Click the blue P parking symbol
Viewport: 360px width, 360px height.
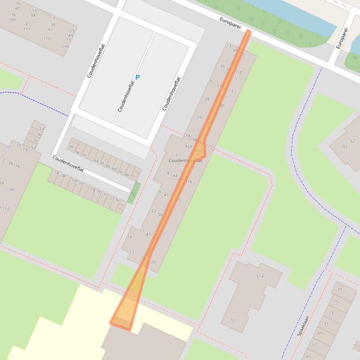tap(138, 77)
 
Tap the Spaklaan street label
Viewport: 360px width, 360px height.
tap(303, 326)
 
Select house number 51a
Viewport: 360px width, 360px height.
tap(260, 276)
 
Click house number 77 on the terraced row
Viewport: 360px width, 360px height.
tap(340, 290)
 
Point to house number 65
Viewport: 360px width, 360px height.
tap(309, 356)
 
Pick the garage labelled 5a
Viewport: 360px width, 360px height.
tap(42, 129)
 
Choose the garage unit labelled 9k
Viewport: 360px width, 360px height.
tap(71, 146)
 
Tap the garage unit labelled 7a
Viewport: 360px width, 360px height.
tap(56, 173)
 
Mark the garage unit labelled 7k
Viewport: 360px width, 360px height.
tap(117, 200)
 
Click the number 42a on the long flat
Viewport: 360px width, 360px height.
tap(189, 146)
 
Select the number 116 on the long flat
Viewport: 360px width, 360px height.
tap(189, 182)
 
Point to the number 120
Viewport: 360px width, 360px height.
tap(152, 262)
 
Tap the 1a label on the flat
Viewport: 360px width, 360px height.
tap(130, 237)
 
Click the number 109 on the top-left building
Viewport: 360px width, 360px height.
tap(65, 47)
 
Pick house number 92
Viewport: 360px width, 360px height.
tap(345, 147)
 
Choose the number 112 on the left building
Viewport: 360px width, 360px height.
tap(6, 209)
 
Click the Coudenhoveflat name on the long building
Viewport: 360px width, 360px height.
tap(185, 160)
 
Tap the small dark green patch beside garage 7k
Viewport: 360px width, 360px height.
tap(134, 192)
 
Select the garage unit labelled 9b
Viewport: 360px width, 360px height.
tap(126, 174)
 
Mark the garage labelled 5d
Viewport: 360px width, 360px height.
tap(33, 148)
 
